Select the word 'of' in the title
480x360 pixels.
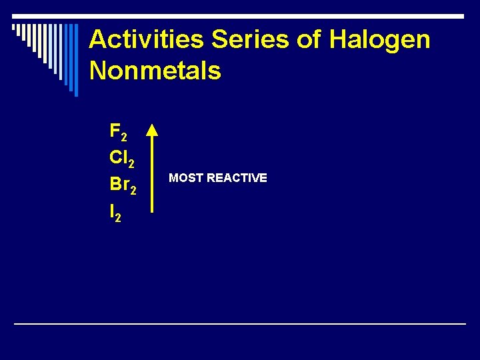[309, 41]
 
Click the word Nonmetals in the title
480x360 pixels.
[155, 70]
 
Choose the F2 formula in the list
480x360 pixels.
[118, 132]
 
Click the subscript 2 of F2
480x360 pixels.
[124, 137]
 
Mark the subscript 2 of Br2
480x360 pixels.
[133, 192]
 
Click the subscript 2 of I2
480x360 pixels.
[118, 219]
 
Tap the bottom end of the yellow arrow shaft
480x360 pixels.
[153, 211]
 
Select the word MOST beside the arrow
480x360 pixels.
[186, 178]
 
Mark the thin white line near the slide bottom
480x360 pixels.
[240, 323]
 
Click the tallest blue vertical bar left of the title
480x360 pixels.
[75, 60]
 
